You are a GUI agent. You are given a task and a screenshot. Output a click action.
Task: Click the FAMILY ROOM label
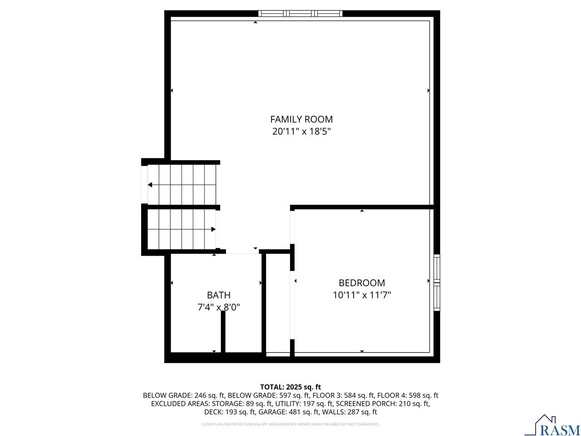301,119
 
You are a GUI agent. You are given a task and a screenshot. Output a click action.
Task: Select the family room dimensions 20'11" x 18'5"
301,132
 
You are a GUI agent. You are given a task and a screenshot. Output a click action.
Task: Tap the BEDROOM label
362,283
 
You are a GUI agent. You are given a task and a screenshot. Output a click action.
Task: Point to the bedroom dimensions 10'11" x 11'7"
362,295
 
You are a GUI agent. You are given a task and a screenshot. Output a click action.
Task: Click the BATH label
219,295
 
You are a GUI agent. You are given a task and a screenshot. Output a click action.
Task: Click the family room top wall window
300,14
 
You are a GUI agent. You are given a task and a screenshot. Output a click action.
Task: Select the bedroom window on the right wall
437,282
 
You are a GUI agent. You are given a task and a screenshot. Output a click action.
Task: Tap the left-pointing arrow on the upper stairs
150,185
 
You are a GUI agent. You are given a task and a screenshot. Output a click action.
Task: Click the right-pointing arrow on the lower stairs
213,229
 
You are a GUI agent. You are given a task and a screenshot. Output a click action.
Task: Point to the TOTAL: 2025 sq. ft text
290,387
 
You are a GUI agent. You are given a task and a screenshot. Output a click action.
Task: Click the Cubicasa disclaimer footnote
290,425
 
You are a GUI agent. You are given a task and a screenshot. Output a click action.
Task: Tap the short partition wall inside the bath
223,332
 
